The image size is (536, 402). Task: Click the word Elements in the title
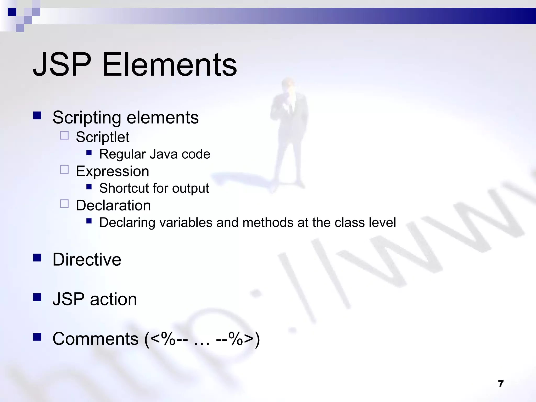(170, 65)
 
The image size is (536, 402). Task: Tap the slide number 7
(501, 384)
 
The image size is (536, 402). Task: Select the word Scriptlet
(103, 137)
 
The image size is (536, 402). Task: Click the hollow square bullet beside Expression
(64, 170)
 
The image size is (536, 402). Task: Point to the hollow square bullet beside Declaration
(64, 204)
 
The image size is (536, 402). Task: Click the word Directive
(87, 260)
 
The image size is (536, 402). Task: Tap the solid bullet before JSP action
(37, 297)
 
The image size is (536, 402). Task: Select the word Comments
(96, 339)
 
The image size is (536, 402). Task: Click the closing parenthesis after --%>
(258, 339)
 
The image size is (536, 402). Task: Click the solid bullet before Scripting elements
(37, 115)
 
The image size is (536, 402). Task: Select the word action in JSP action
(113, 299)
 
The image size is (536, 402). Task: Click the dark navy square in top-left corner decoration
(12, 12)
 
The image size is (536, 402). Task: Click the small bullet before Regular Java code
(89, 153)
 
